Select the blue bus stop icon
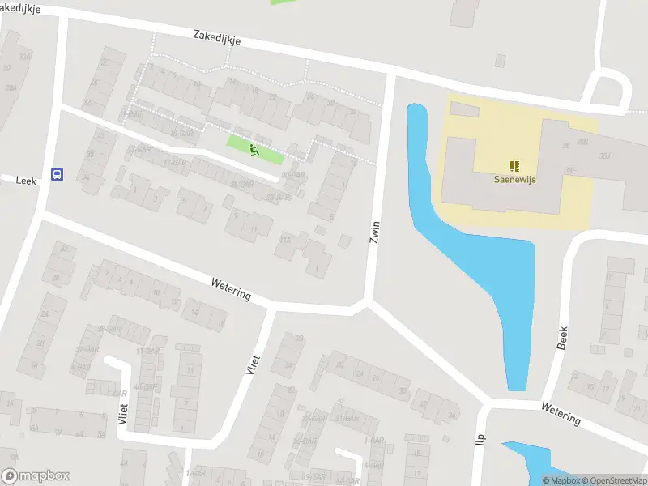coord(57,174)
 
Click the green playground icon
coord(254,149)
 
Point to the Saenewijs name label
coord(516,181)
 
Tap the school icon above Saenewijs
coord(513,166)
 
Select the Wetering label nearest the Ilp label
coord(561,413)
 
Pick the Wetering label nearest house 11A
coord(231,290)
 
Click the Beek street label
coord(563,338)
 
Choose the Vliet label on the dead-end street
coord(123,414)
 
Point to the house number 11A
coord(285,240)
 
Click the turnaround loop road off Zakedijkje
coord(606,87)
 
